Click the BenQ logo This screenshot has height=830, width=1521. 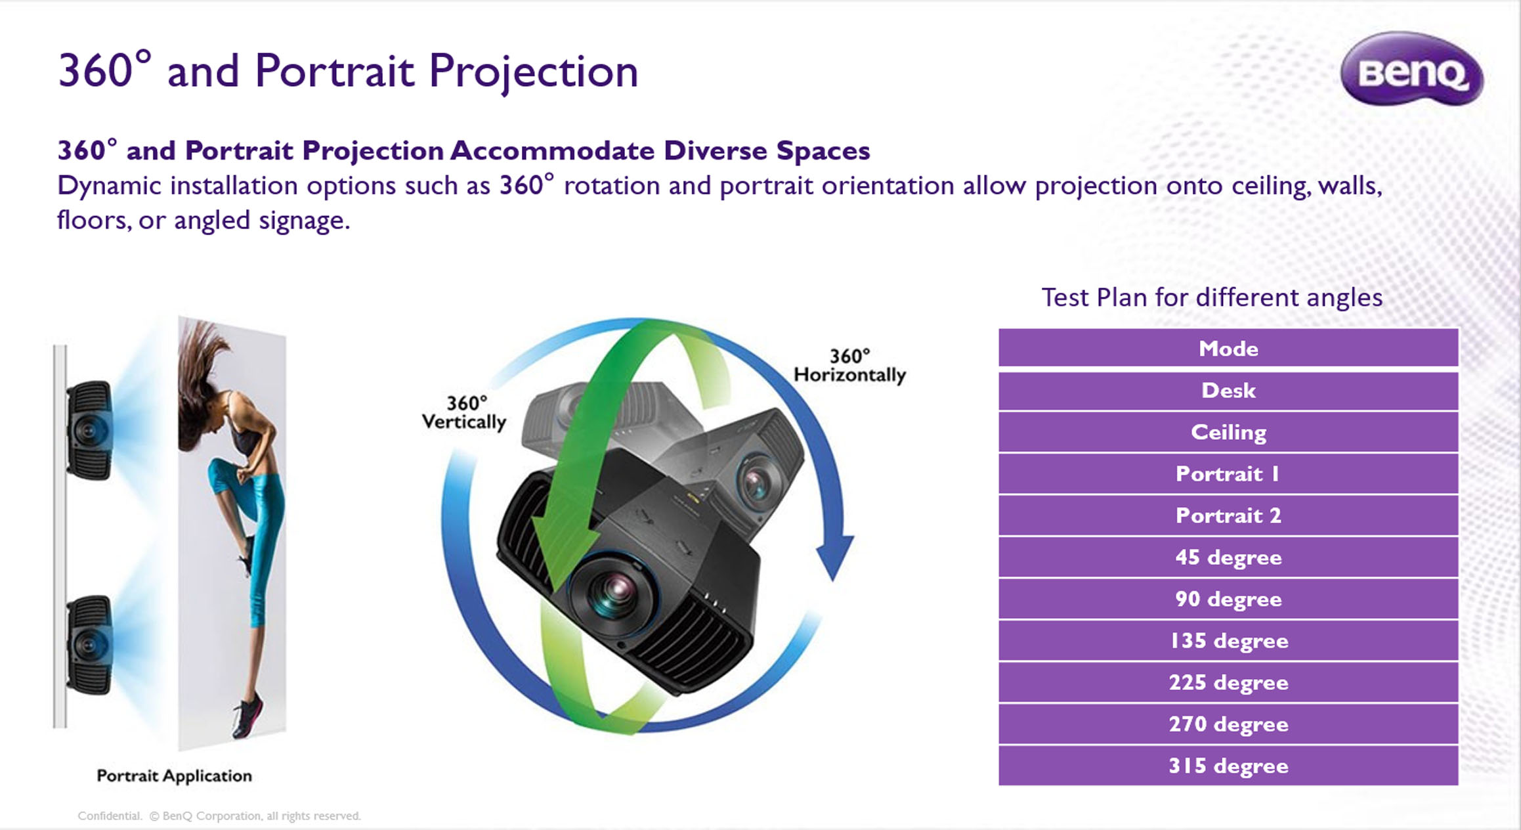pos(1411,69)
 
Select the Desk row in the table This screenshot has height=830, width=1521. pos(1228,391)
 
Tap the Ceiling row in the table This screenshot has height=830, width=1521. pos(1228,432)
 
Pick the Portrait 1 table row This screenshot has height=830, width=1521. pos(1228,474)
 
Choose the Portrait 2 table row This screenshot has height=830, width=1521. pos(1228,515)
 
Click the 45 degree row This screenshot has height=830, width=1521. pos(1228,557)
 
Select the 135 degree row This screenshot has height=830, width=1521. pos(1228,641)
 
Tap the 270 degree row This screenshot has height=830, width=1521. pos(1228,724)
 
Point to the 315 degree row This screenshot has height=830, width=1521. pos(1228,766)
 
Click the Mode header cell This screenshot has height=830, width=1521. pos(1228,348)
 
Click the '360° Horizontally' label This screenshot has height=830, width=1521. pos(849,366)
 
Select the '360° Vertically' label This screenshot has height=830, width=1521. pos(463,413)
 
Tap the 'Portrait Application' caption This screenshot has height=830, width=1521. pos(174,776)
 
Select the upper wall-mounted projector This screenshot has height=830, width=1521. pos(90,430)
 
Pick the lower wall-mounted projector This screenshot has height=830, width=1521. pos(90,644)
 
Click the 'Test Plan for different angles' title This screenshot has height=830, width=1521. pos(1212,297)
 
